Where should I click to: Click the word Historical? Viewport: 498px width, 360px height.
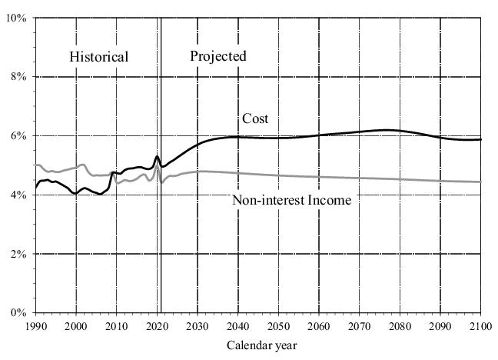point(98,57)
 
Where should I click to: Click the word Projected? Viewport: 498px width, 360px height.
point(218,56)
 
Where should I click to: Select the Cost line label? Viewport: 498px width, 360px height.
point(255,118)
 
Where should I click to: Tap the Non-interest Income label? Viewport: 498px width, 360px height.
point(291,201)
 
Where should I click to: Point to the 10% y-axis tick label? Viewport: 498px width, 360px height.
point(16,18)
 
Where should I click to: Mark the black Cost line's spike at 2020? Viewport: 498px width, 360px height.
point(157,157)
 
